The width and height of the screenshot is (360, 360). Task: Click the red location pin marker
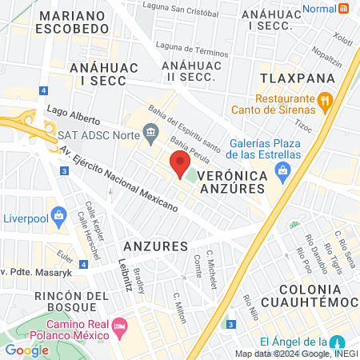[x=180, y=165]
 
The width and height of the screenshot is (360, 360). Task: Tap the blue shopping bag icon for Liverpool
[x=58, y=214]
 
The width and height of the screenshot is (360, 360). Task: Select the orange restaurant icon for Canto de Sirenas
[x=324, y=102]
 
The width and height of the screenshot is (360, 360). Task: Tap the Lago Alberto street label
[x=74, y=113]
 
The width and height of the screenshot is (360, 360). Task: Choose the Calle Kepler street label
[x=90, y=217]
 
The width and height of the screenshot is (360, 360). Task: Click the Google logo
[x=26, y=350]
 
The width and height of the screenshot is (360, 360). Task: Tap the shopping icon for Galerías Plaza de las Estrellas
[x=282, y=170]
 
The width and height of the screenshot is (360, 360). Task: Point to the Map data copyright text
[x=295, y=354]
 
